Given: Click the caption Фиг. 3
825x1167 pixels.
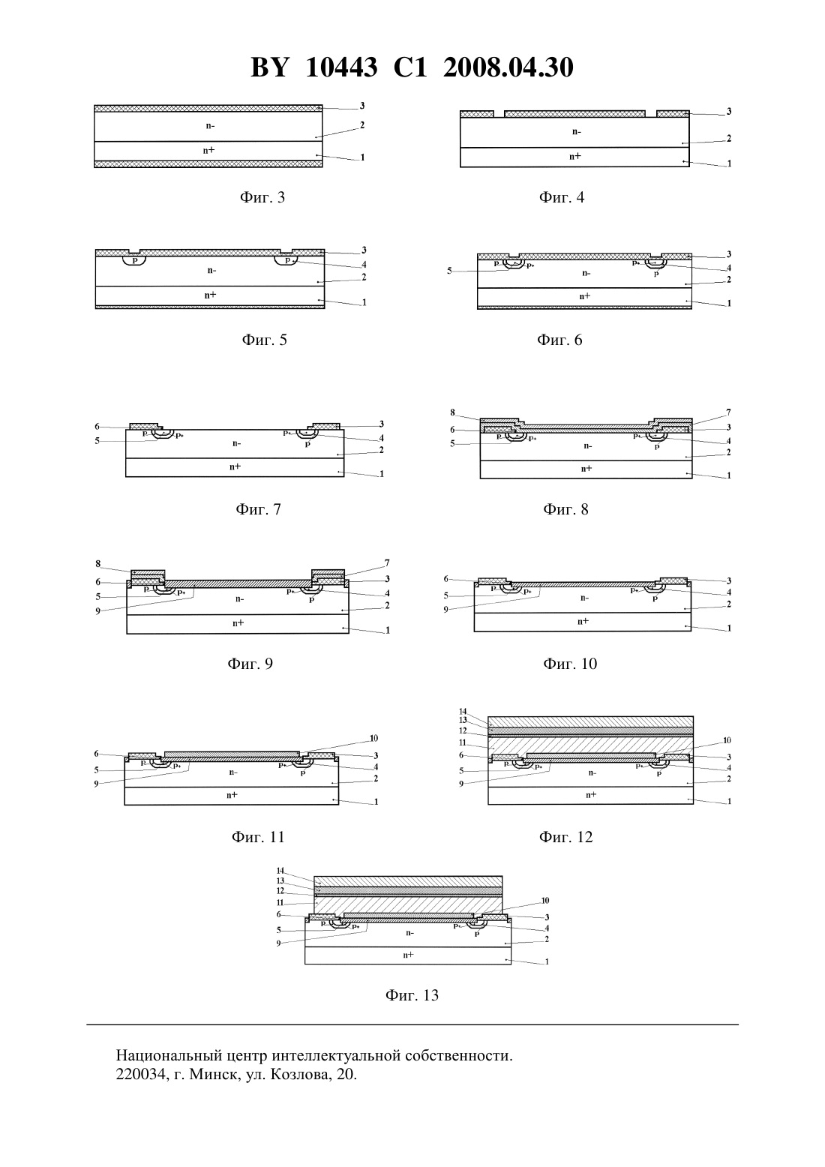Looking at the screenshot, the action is pyautogui.click(x=262, y=197).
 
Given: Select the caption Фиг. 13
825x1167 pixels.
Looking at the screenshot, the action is pyautogui.click(x=412, y=995).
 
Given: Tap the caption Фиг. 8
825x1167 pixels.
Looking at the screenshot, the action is pyautogui.click(x=565, y=509).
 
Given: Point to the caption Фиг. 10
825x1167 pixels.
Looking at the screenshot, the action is pyautogui.click(x=570, y=664).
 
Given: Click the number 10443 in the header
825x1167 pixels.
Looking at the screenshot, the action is pyautogui.click(x=341, y=67).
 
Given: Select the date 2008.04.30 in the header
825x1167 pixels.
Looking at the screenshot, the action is pyautogui.click(x=508, y=67).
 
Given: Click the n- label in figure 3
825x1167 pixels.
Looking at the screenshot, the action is pyautogui.click(x=211, y=125).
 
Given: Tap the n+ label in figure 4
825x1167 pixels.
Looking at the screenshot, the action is pyautogui.click(x=575, y=156).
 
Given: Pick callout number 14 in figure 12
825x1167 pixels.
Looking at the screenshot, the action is pyautogui.click(x=463, y=711).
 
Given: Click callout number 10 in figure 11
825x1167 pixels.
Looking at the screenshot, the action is pyautogui.click(x=373, y=738).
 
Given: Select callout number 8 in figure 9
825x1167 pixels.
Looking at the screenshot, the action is pyautogui.click(x=98, y=564).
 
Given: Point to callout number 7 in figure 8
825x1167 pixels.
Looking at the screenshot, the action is pyautogui.click(x=729, y=412).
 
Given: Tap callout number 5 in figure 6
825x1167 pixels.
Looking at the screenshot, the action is pyautogui.click(x=449, y=271).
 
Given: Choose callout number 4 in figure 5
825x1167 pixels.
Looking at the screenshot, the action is pyautogui.click(x=364, y=265).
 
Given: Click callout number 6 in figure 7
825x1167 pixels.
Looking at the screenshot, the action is pyautogui.click(x=97, y=427).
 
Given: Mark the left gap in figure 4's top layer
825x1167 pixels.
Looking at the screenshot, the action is pyautogui.click(x=499, y=113).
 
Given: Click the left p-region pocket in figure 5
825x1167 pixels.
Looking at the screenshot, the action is pyautogui.click(x=134, y=259).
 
